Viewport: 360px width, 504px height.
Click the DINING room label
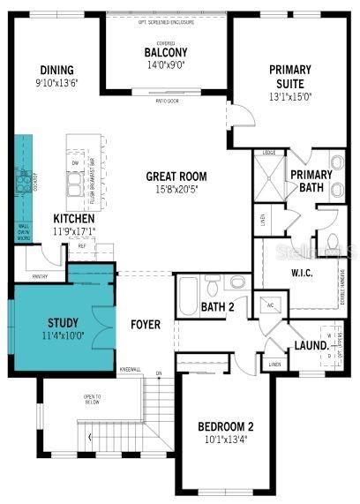tap(56, 71)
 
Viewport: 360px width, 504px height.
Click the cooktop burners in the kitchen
tap(19, 181)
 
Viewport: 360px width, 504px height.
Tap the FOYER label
tap(146, 325)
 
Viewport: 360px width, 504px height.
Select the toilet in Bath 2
tap(236, 282)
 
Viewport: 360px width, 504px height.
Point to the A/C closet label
tap(270, 304)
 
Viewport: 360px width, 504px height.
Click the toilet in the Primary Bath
tap(334, 239)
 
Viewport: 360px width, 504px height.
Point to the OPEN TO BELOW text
tap(92, 399)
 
